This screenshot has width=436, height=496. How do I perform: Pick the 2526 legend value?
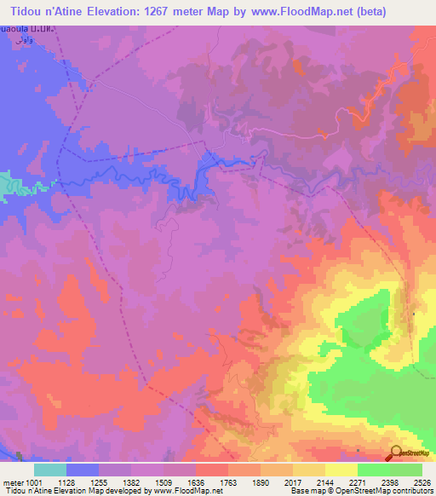point(422,482)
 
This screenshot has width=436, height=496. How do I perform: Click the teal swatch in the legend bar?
point(50,470)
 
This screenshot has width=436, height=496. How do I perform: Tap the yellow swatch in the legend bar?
point(341,470)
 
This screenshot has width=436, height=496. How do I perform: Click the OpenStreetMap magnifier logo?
point(396,453)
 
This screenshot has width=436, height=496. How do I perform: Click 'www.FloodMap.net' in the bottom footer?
point(184,491)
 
